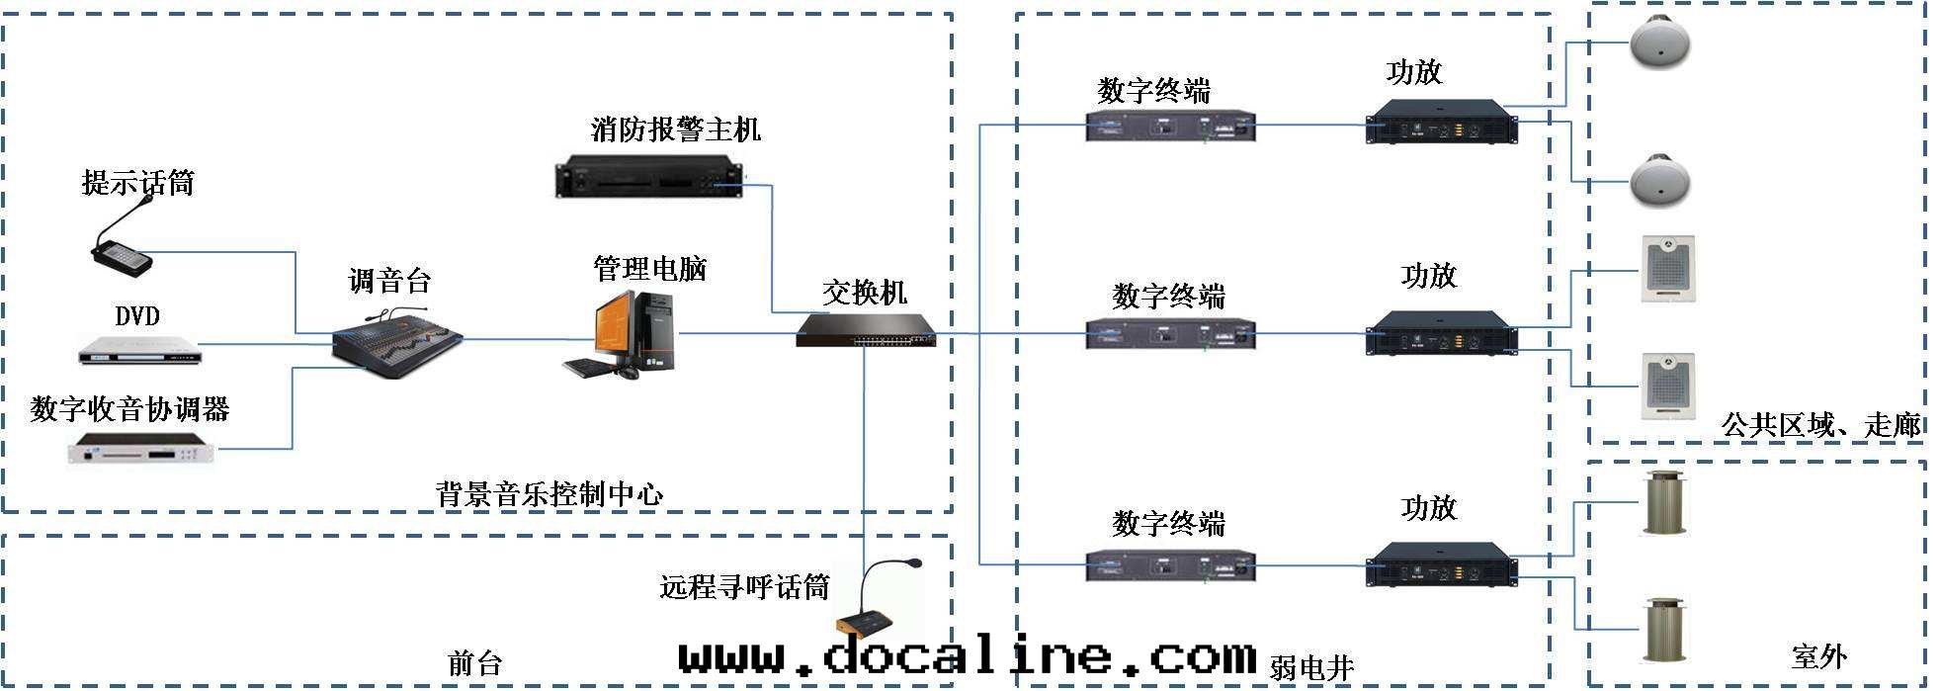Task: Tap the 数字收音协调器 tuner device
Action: click(140, 450)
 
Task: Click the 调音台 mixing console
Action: click(395, 341)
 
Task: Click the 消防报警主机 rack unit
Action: click(647, 176)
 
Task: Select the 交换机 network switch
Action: click(866, 330)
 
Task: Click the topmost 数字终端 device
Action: click(1170, 127)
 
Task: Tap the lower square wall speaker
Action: click(1668, 387)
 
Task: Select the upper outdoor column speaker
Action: click(1663, 503)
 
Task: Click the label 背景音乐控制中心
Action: click(548, 493)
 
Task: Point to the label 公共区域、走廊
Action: click(1820, 425)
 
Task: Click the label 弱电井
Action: click(1310, 668)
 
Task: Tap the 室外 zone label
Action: click(1818, 656)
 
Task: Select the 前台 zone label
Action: click(475, 662)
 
